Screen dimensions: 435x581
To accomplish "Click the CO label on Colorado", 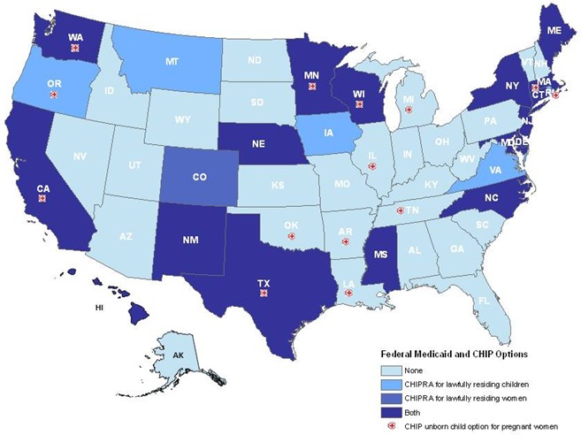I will click(x=200, y=177).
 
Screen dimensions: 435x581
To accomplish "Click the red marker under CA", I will click(x=42, y=199).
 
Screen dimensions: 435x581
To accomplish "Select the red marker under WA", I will click(x=74, y=49).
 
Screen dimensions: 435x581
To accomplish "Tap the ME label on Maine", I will click(x=554, y=30).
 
